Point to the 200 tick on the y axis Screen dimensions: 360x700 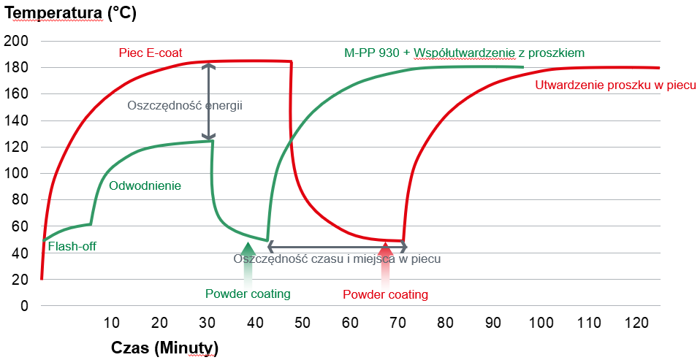pyautogui.click(x=15, y=42)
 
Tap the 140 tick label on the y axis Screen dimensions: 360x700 pyautogui.click(x=15, y=120)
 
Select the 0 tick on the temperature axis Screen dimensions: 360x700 pyautogui.click(x=24, y=306)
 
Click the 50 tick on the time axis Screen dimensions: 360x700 pyautogui.click(x=302, y=323)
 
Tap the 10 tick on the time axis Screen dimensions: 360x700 pyautogui.click(x=111, y=323)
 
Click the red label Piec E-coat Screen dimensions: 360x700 pyautogui.click(x=151, y=53)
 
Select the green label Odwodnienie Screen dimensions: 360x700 pyautogui.click(x=145, y=185)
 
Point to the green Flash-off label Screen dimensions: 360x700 pyautogui.click(x=72, y=247)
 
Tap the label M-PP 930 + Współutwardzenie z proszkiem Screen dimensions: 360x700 pyautogui.click(x=464, y=53)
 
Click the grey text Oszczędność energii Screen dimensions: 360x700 pyautogui.click(x=184, y=105)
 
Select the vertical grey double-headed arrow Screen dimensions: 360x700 pyautogui.click(x=210, y=102)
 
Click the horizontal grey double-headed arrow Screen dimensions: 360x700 pyautogui.click(x=337, y=247)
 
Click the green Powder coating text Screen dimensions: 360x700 pyautogui.click(x=248, y=294)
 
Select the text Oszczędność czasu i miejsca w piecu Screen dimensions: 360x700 pyautogui.click(x=337, y=258)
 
